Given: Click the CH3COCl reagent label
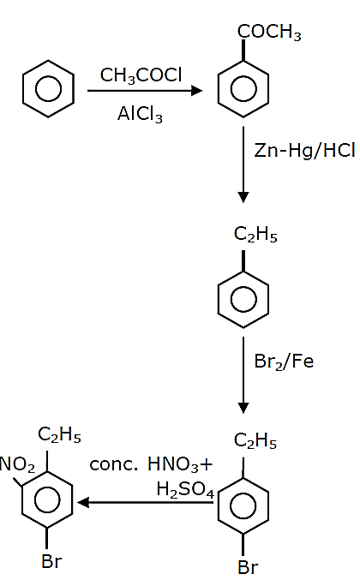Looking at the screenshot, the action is (x=141, y=75).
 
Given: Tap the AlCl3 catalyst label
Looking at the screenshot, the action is (x=140, y=114).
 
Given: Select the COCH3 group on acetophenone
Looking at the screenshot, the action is (x=269, y=33).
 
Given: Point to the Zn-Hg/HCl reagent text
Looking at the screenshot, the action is (x=304, y=151).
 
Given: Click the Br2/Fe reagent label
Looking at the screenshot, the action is (x=284, y=362).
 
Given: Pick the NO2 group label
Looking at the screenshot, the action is (x=17, y=464).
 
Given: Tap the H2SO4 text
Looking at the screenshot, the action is (x=185, y=490).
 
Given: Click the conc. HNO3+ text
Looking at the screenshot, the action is (x=152, y=464).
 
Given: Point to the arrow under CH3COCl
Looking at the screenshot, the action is (x=145, y=91).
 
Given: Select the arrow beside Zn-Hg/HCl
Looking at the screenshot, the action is (x=243, y=164).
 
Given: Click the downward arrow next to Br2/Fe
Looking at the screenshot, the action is (x=243, y=375).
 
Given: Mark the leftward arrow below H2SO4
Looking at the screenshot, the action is (x=146, y=503).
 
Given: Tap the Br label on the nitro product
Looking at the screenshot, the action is (x=51, y=561).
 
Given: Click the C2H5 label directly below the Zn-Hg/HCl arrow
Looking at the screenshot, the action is (x=255, y=235).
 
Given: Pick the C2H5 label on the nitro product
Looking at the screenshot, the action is (x=59, y=434).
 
